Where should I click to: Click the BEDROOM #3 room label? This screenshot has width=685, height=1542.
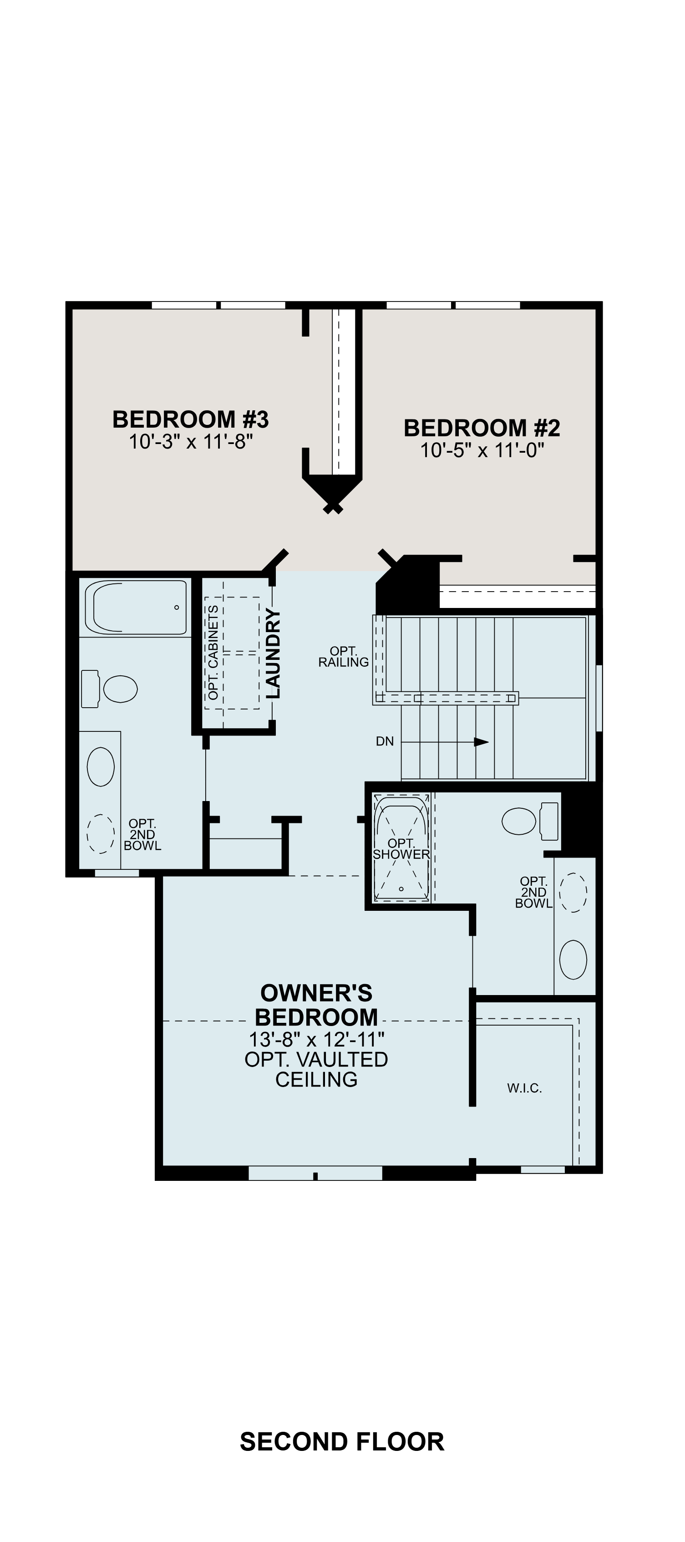pyautogui.click(x=190, y=419)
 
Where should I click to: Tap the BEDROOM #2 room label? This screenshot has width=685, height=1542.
pyautogui.click(x=482, y=428)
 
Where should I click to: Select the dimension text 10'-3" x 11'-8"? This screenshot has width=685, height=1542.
pyautogui.click(x=191, y=442)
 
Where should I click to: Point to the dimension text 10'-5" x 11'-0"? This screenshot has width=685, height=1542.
pyautogui.click(x=482, y=450)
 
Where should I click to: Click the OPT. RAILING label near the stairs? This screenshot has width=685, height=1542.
pyautogui.click(x=343, y=656)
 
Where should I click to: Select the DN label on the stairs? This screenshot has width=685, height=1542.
pyautogui.click(x=385, y=742)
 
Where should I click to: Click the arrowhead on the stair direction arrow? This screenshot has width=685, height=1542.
pyautogui.click(x=481, y=742)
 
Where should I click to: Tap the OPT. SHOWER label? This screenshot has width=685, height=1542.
pyautogui.click(x=401, y=849)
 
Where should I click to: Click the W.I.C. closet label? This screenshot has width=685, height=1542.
pyautogui.click(x=525, y=1088)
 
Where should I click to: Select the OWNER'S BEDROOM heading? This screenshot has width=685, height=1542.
pyautogui.click(x=316, y=1005)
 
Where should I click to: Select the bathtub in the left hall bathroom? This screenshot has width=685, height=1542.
pyautogui.click(x=136, y=607)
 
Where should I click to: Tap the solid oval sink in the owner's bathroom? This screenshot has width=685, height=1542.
pyautogui.click(x=573, y=960)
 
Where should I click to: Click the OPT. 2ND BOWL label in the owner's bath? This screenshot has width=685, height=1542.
pyautogui.click(x=533, y=892)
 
